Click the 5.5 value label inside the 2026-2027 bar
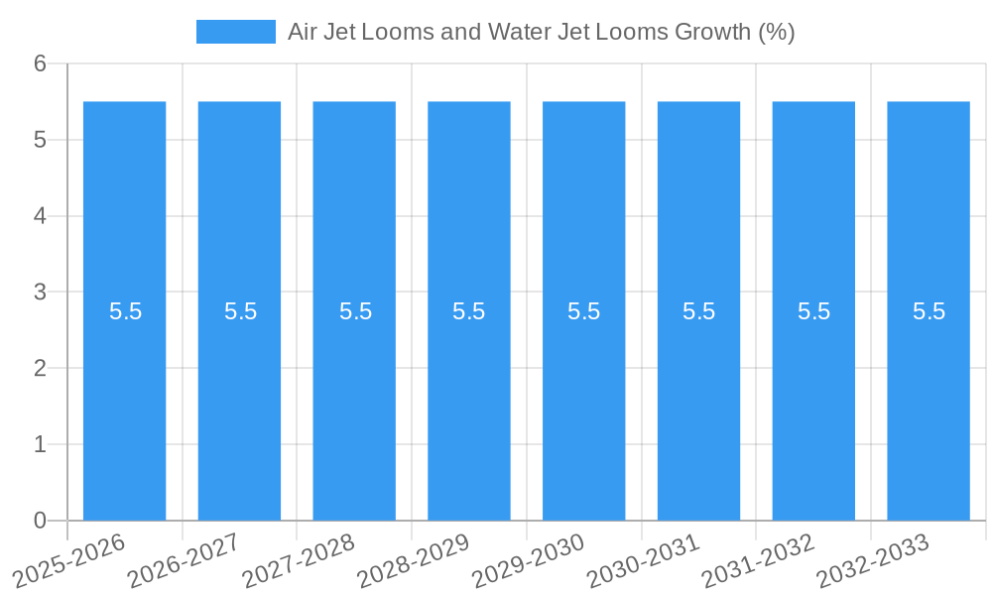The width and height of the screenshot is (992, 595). coord(240,311)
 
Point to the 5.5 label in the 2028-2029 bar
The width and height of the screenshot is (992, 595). coord(469,311)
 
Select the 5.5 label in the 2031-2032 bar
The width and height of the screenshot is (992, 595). coord(813,311)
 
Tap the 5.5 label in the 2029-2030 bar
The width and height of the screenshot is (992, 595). coord(584,311)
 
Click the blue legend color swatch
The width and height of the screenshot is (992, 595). coord(236,32)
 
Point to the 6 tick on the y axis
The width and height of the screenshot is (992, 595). coord(41,64)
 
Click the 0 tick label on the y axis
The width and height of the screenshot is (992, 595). coord(41,521)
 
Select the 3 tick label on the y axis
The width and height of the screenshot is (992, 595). coord(41,293)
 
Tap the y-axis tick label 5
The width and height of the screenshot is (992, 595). coord(41,140)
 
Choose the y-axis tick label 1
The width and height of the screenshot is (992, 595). coord(41,444)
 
